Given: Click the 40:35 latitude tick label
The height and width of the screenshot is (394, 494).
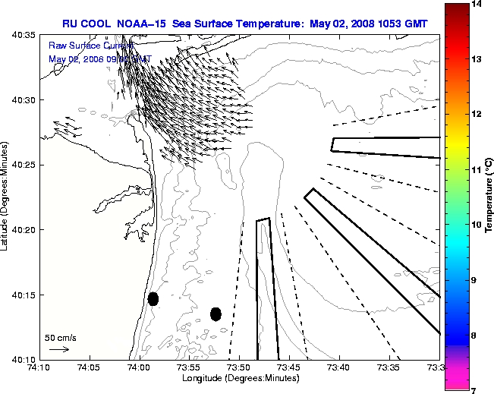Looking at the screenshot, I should [x=24, y=36].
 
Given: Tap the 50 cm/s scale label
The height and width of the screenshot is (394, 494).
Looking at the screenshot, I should [x=60, y=338].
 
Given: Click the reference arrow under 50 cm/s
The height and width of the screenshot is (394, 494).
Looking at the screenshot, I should [x=59, y=349].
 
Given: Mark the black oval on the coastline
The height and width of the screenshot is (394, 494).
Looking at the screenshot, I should [x=153, y=298].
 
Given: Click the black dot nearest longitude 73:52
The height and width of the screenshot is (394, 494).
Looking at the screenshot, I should [x=216, y=314].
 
